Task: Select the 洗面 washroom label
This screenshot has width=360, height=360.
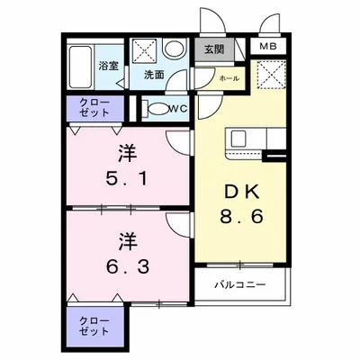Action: (x=154, y=76)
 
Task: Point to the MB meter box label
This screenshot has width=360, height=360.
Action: (x=269, y=47)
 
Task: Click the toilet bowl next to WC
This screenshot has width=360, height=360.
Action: (x=158, y=110)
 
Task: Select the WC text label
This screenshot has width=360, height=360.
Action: (x=178, y=109)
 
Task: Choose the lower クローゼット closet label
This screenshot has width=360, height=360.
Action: (x=94, y=326)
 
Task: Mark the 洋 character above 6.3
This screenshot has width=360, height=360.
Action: (x=129, y=240)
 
